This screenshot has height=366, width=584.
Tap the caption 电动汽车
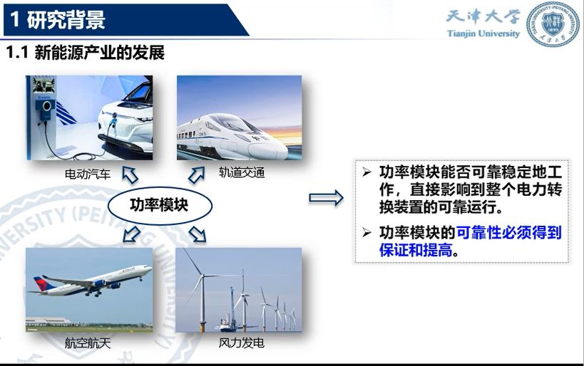pyautogui.click(x=88, y=174)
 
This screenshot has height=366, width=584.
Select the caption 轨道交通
pyautogui.click(x=242, y=172)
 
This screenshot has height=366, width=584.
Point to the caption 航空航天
pyautogui.click(x=88, y=343)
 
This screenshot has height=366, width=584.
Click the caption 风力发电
pyautogui.click(x=241, y=343)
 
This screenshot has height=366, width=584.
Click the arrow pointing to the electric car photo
pyautogui.click(x=130, y=175)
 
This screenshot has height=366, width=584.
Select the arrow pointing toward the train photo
pyautogui.click(x=197, y=175)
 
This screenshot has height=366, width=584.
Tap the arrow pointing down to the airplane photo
pyautogui.click(x=131, y=234)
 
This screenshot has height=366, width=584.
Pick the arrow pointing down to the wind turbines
pyautogui.click(x=198, y=234)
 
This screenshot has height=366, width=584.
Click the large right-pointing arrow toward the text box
pyautogui.click(x=326, y=198)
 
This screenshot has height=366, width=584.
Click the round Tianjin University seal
pyautogui.click(x=553, y=24)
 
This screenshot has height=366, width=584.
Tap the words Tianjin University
pyautogui.click(x=483, y=33)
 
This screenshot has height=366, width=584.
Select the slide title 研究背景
pyautogui.click(x=66, y=20)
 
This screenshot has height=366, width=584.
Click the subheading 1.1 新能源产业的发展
pyautogui.click(x=86, y=53)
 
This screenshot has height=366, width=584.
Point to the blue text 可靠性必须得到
pyautogui.click(x=508, y=232)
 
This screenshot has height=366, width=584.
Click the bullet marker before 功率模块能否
pyautogui.click(x=367, y=172)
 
